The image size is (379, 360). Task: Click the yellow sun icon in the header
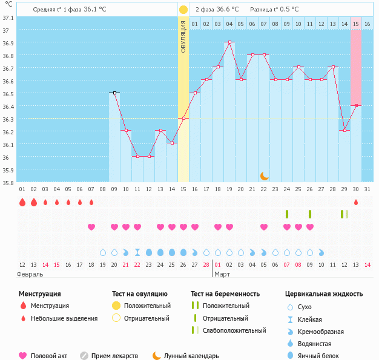[x=183, y=10]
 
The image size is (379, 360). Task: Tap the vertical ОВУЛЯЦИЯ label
[x=183, y=36]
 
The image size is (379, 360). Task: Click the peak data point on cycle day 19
[x=229, y=42]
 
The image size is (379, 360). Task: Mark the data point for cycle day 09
[x=114, y=93]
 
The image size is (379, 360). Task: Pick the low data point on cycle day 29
[x=344, y=131]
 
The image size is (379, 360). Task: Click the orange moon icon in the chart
[x=264, y=175]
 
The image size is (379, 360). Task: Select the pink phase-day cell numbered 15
[x=356, y=24]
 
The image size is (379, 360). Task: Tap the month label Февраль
[x=30, y=274]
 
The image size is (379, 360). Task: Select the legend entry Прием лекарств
[x=114, y=356]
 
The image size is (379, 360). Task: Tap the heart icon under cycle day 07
[x=91, y=227]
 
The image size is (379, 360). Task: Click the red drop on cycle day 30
[x=356, y=202]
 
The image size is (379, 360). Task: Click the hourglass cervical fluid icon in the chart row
[x=137, y=252]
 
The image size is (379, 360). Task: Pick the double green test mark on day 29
[x=344, y=214]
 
